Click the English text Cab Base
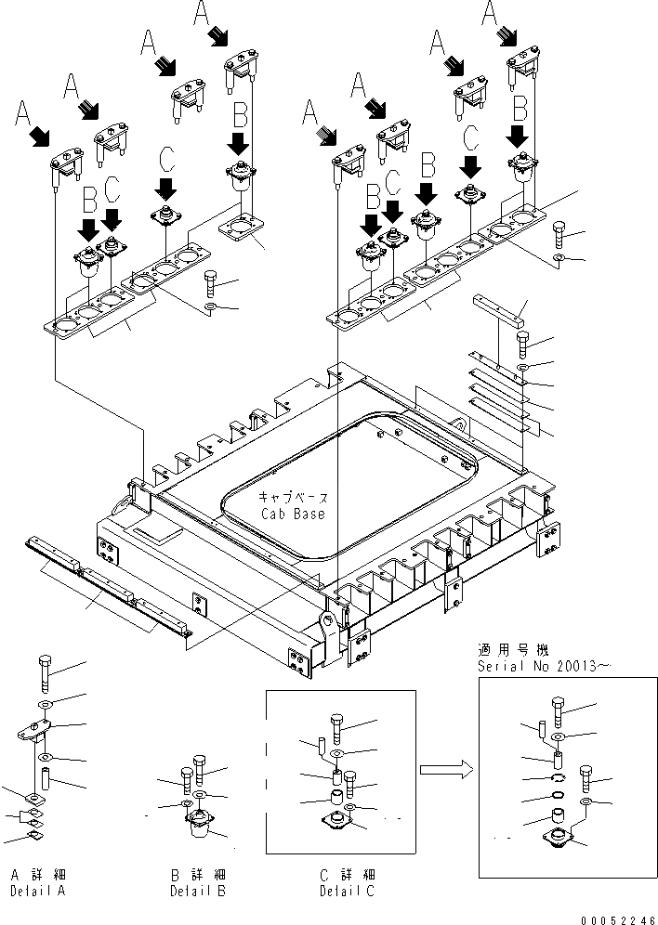point(293,514)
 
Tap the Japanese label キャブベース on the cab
point(293,498)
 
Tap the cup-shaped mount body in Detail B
point(198,827)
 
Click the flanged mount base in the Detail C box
point(336,820)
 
